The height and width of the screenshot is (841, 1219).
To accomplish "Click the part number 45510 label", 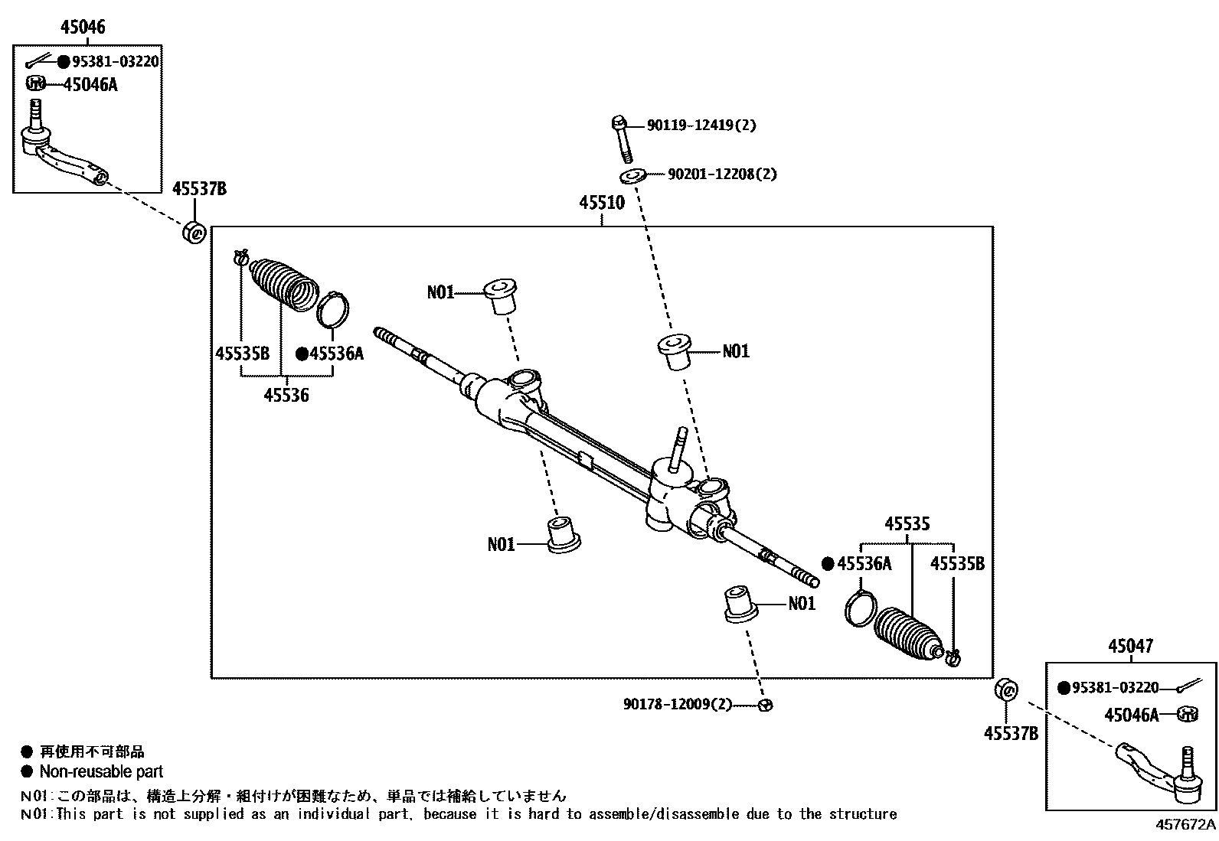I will coord(601,204).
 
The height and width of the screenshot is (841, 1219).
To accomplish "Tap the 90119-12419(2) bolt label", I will coord(701,125).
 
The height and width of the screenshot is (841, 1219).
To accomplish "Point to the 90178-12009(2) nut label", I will coord(678,704).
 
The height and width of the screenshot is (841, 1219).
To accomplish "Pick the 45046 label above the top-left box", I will coord(82,28).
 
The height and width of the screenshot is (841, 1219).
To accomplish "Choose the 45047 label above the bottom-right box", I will coord(1129,647).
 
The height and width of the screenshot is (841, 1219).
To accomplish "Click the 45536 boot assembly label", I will coord(286,396).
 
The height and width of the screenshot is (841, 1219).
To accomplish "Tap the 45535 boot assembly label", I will coord(907,525).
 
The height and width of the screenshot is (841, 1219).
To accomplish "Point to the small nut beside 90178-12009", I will coord(763,705).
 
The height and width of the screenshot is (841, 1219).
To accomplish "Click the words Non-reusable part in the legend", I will coord(101,772).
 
